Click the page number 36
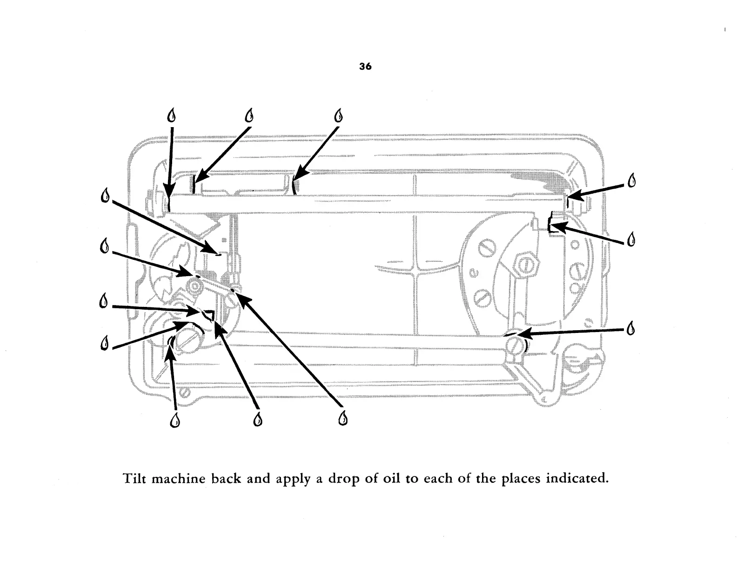[x=366, y=67]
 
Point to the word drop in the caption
[x=342, y=479]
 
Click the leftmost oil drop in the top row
[x=172, y=115]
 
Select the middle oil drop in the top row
[x=250, y=115]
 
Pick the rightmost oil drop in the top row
[x=338, y=115]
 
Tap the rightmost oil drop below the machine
[x=342, y=418]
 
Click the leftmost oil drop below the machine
[x=175, y=420]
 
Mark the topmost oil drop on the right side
[x=632, y=180]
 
